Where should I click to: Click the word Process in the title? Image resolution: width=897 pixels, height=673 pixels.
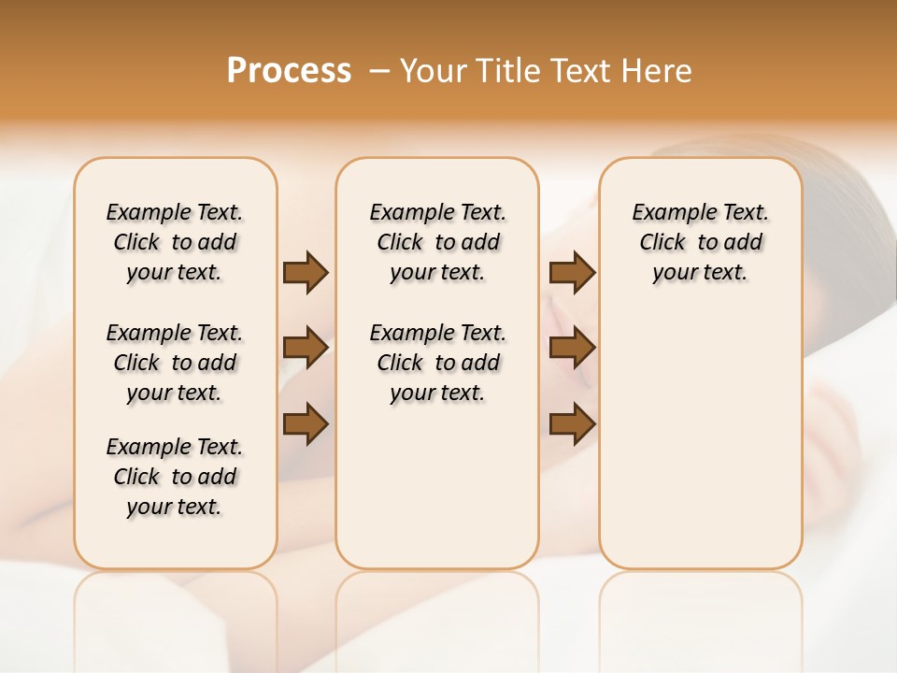click(289, 71)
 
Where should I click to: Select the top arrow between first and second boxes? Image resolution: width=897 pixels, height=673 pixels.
click(306, 272)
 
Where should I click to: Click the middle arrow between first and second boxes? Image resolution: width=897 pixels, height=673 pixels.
click(306, 348)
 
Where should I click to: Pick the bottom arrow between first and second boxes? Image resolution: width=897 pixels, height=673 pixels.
click(306, 424)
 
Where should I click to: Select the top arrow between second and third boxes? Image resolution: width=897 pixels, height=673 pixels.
click(572, 272)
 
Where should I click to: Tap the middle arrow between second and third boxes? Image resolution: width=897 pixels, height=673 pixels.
click(572, 348)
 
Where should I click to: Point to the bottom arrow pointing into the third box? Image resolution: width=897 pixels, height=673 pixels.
click(572, 424)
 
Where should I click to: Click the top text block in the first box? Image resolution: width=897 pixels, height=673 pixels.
click(175, 242)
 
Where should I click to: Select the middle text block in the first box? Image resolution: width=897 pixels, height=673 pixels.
click(175, 363)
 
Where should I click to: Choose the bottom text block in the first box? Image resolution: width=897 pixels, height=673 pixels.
click(175, 477)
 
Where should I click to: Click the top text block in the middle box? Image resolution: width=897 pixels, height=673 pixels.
click(437, 242)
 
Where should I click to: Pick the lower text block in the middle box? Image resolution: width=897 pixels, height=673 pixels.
click(437, 363)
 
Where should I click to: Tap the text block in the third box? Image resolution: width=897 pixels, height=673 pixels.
click(700, 242)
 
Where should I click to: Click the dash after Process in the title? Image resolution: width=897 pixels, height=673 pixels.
click(378, 71)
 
